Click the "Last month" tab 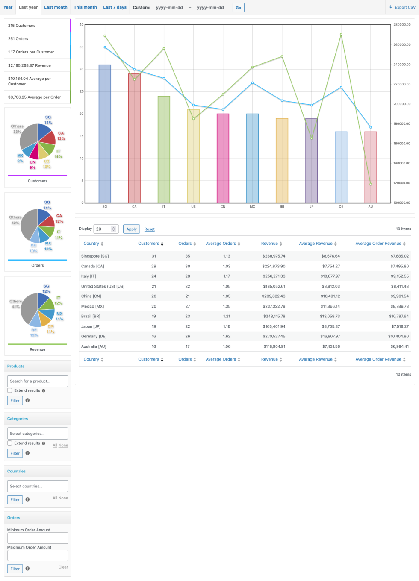pos(56,7)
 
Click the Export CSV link pos(402,7)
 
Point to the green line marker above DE pos(341,34)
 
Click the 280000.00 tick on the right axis pos(401,25)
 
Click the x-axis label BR pos(282,207)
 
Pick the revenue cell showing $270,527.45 pos(273,336)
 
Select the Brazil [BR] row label pos(93,316)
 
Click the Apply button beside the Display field pos(131,229)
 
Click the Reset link pos(149,229)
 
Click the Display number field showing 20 pos(103,229)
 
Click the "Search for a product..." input pos(38,381)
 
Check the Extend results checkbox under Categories pos(10,443)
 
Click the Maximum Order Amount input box pos(38,555)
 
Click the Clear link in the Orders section pos(63,567)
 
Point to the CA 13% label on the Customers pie pos(61,135)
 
